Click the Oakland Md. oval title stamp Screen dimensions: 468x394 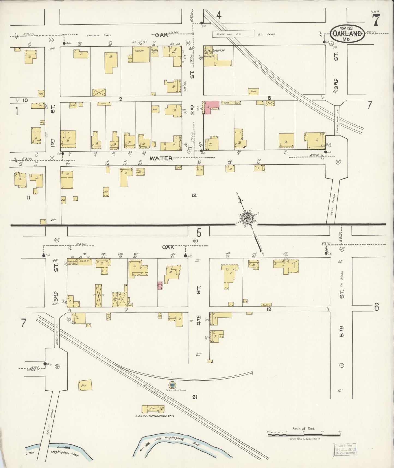(x=347, y=34)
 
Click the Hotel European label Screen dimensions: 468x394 (x=214, y=51)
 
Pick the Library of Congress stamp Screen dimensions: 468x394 (x=345, y=449)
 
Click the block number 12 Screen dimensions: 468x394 (x=194, y=195)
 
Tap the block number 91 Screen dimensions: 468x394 (x=194, y=397)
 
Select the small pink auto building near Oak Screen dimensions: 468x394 (x=160, y=285)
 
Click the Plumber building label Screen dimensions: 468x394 (x=139, y=51)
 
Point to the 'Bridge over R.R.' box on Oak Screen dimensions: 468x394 (x=233, y=34)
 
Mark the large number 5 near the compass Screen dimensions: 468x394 (x=199, y=233)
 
